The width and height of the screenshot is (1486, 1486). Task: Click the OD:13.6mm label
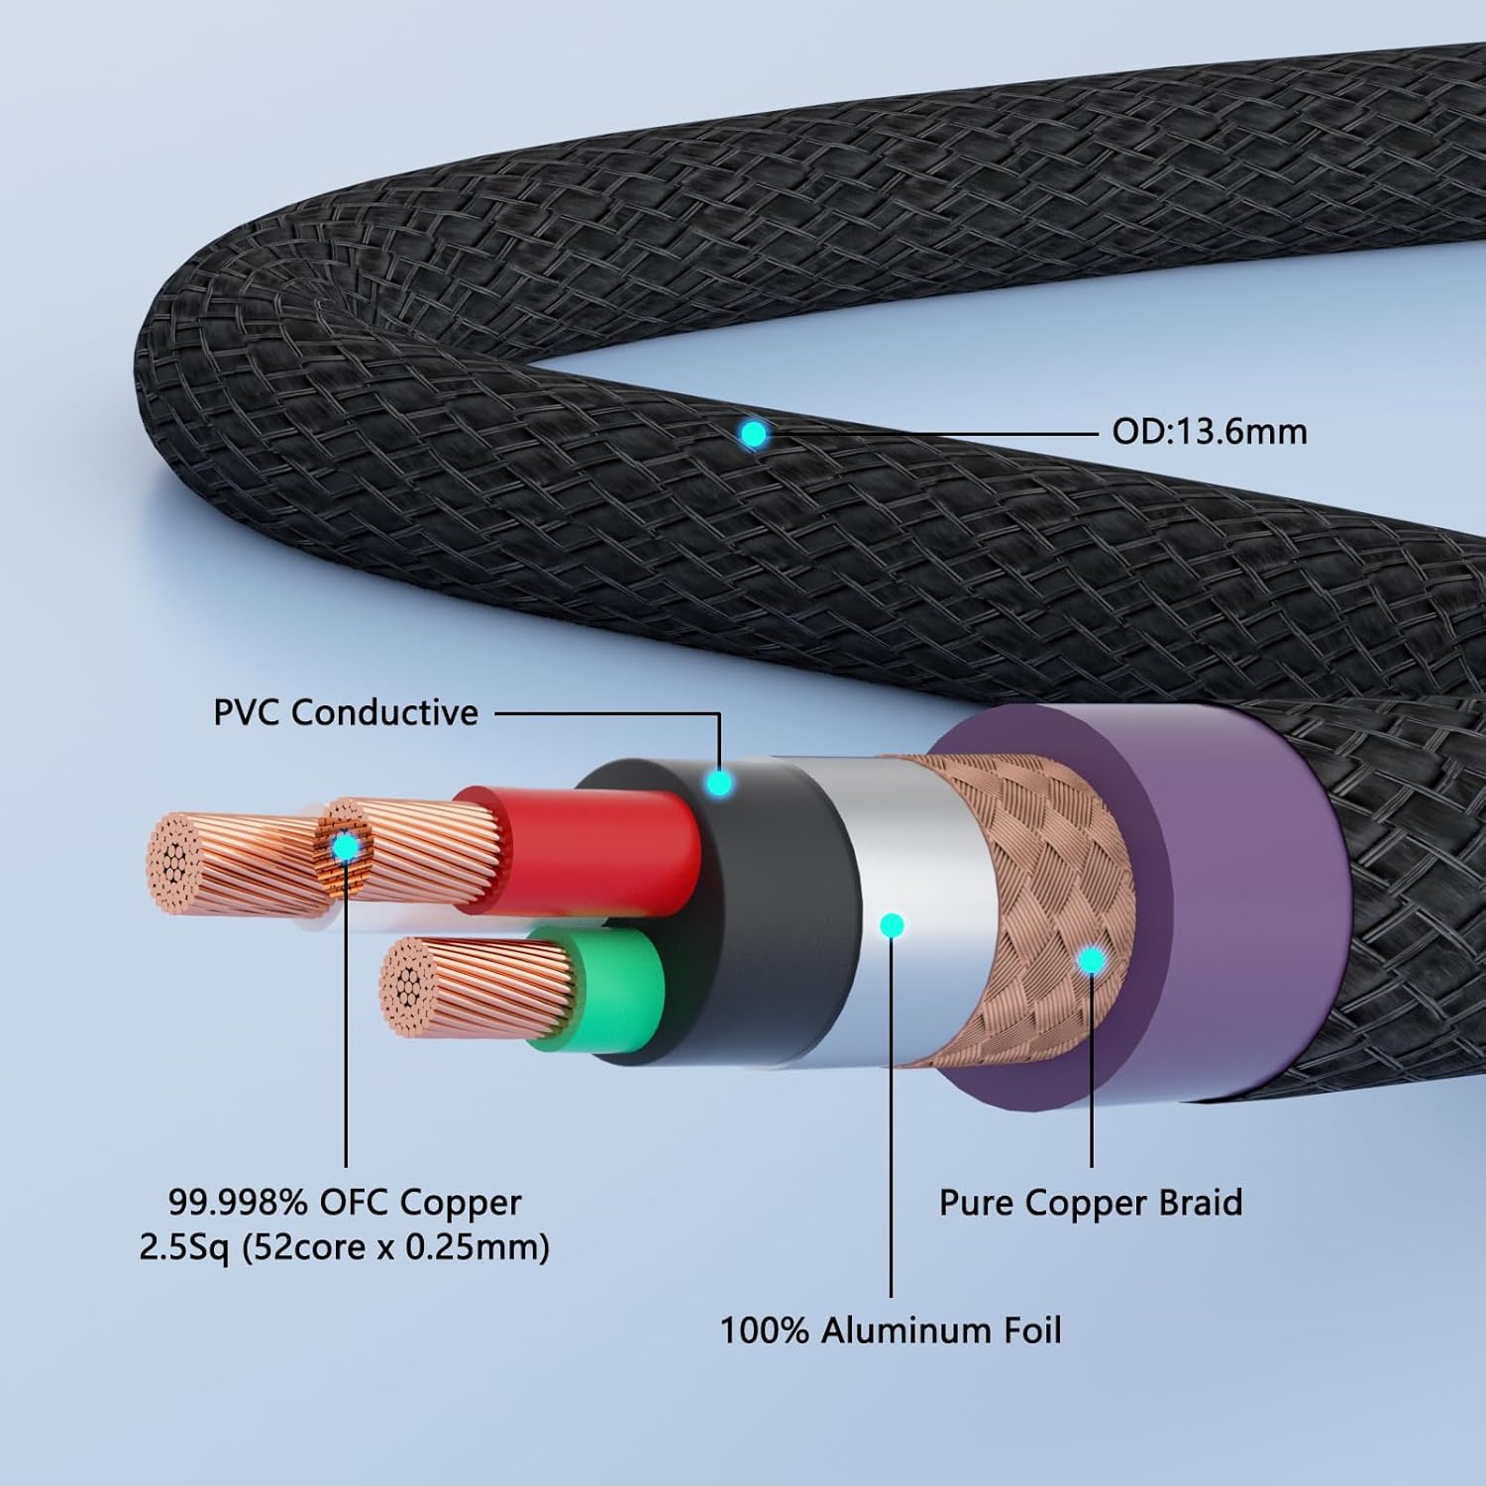click(x=1210, y=432)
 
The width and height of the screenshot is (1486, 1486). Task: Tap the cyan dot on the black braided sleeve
click(x=754, y=433)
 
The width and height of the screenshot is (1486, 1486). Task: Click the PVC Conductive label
click(x=346, y=712)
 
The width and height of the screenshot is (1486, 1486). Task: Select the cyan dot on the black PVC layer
click(x=720, y=784)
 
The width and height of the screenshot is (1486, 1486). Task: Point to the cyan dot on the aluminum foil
click(x=892, y=925)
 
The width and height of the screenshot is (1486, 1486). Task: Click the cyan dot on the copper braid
click(x=1092, y=959)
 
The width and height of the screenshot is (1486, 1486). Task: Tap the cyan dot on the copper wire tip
click(x=346, y=847)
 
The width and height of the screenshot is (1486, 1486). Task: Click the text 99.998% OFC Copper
click(x=345, y=1203)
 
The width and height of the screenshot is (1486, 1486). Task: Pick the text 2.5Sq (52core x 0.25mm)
click(x=345, y=1246)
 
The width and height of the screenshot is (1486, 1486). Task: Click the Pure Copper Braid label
click(x=1091, y=1203)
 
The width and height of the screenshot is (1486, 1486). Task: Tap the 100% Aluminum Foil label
click(x=891, y=1329)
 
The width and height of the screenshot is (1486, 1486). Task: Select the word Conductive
click(x=385, y=712)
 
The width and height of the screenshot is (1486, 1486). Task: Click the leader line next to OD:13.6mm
click(x=931, y=433)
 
